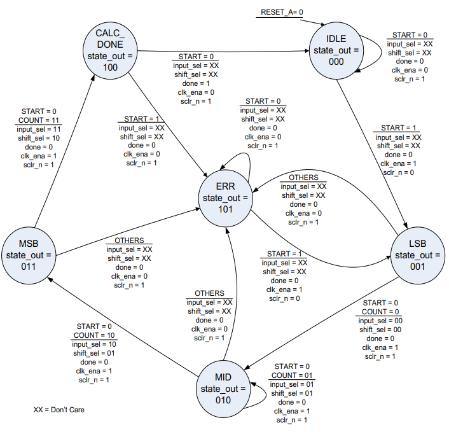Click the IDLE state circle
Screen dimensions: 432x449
click(336, 48)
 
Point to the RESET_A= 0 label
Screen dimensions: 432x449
click(282, 12)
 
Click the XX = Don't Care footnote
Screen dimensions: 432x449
click(59, 410)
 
